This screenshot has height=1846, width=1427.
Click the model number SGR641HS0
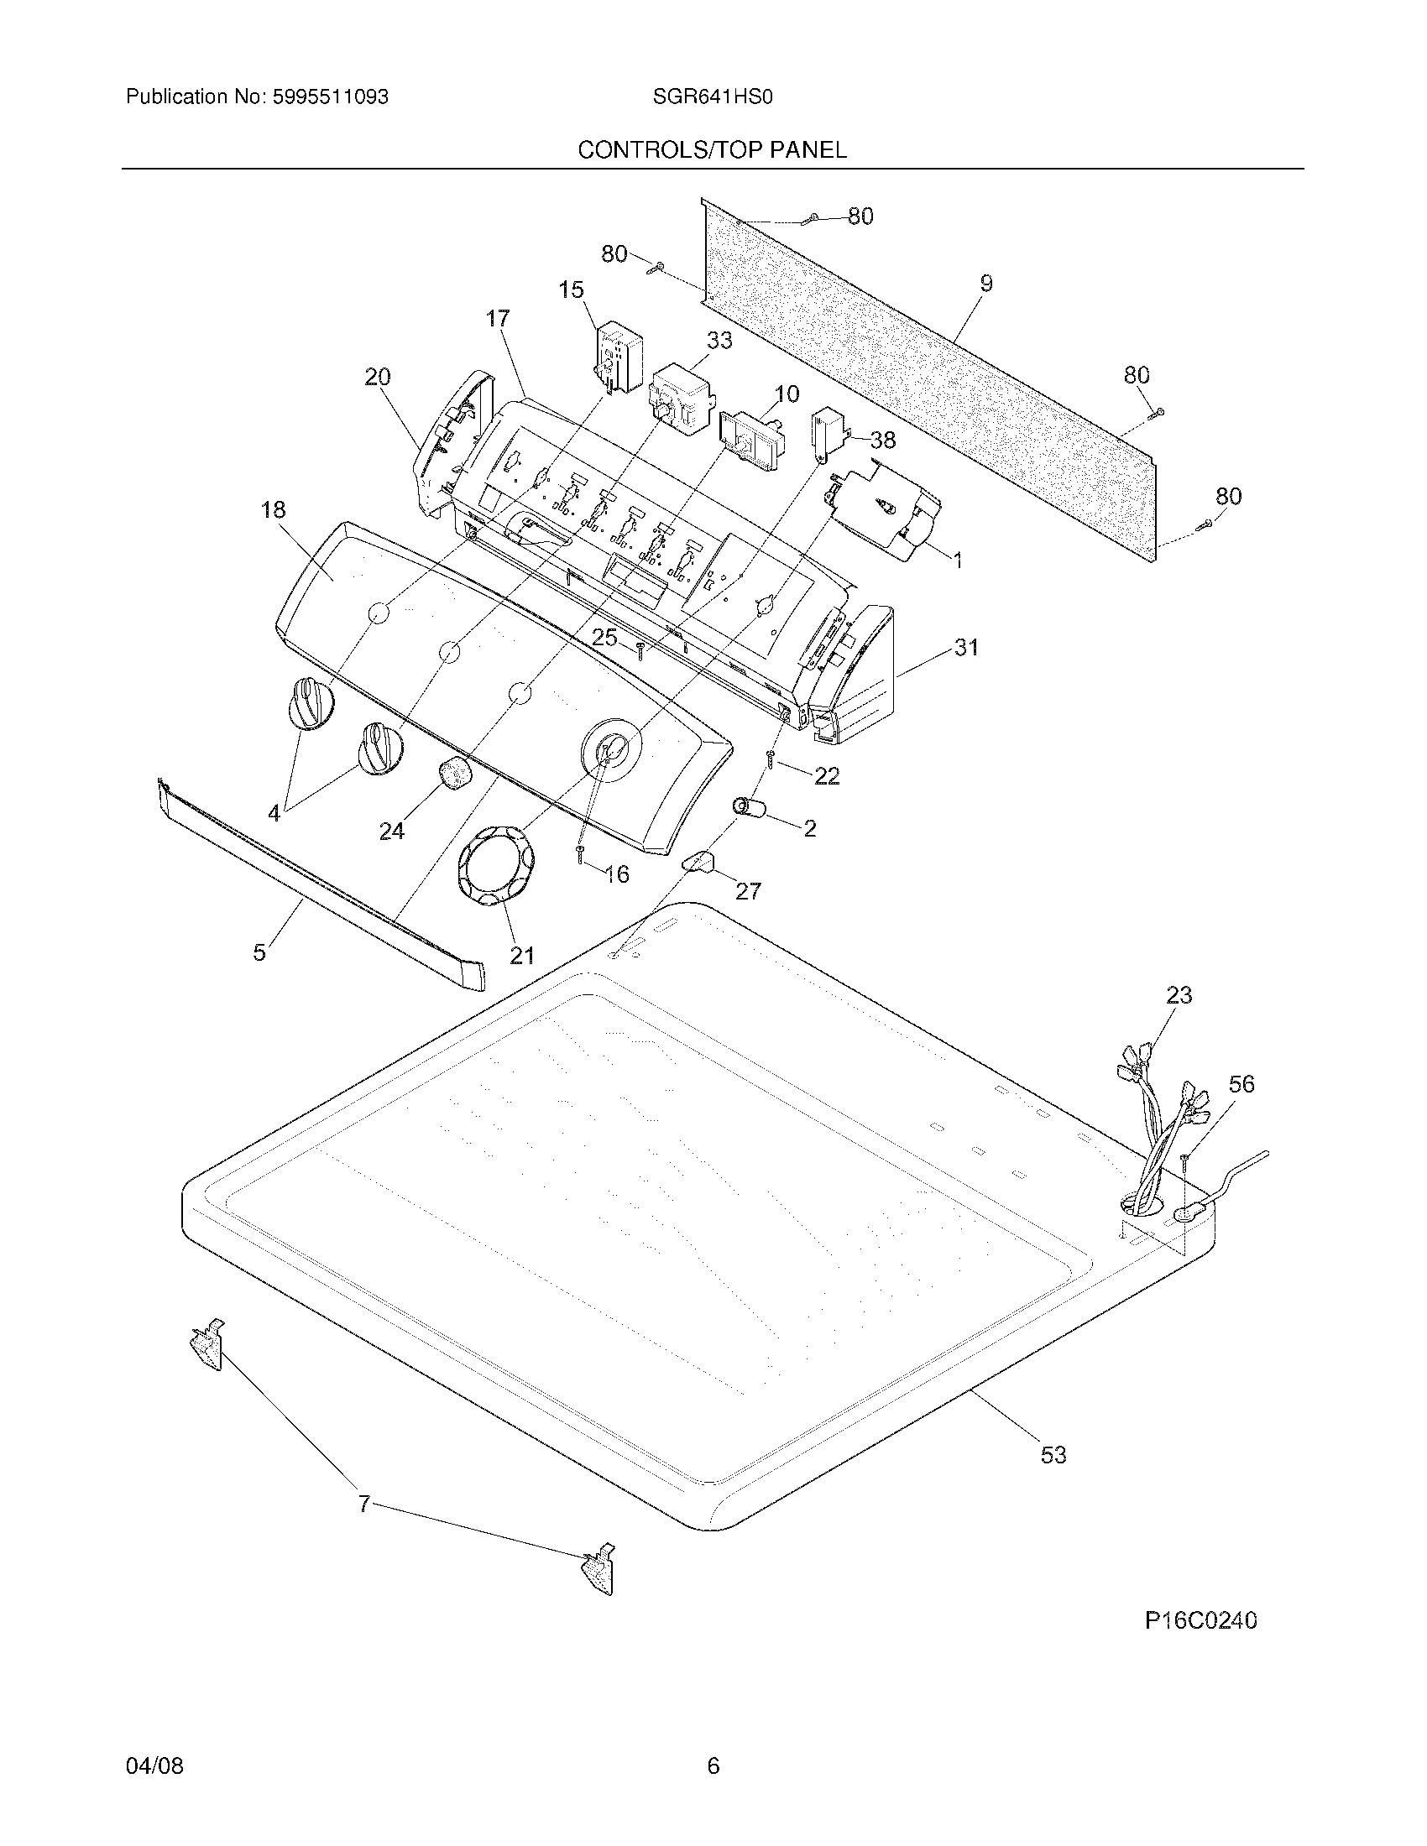click(712, 97)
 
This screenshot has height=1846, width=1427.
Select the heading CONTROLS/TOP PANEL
click(712, 150)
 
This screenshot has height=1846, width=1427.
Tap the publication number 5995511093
click(330, 97)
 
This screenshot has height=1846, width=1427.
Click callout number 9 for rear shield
click(985, 284)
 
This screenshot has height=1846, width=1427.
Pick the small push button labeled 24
click(455, 774)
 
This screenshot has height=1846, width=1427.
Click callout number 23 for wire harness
click(1179, 996)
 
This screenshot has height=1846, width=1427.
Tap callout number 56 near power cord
click(1241, 1083)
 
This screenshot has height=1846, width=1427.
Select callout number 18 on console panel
click(273, 509)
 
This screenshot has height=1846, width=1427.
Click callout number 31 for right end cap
click(966, 648)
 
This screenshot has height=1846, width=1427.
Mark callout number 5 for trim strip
click(259, 952)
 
